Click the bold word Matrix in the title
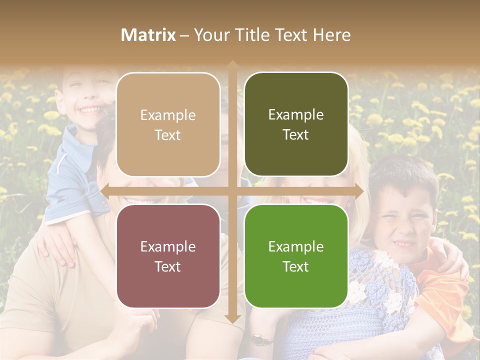pyautogui.click(x=148, y=35)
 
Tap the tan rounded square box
pyautogui.click(x=168, y=124)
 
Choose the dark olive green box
pyautogui.click(x=296, y=124)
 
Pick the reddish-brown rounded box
pyautogui.click(x=168, y=256)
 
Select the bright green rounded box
pyautogui.click(x=296, y=256)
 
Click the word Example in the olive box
pyautogui.click(x=296, y=115)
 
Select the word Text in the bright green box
pyautogui.click(x=296, y=266)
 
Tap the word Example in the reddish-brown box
pyautogui.click(x=168, y=246)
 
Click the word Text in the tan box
pyautogui.click(x=168, y=135)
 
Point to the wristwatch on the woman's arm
pyautogui.click(x=259, y=339)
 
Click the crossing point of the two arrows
pyautogui.click(x=232, y=190)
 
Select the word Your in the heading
pyautogui.click(x=210, y=35)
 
